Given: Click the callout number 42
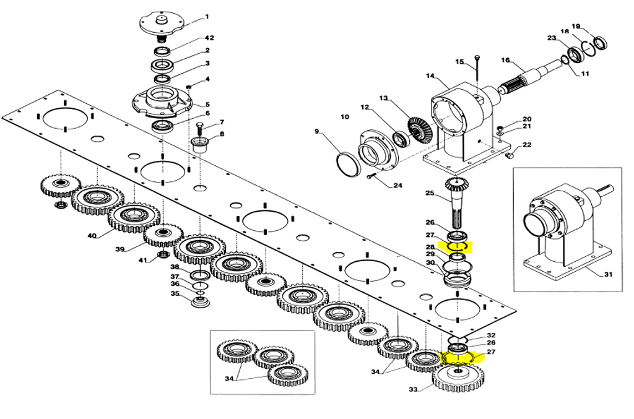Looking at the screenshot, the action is (x=209, y=38).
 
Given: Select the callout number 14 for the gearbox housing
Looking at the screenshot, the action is (x=430, y=76).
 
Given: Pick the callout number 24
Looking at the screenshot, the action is (x=398, y=186).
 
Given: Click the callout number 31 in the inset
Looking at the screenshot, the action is (x=608, y=274).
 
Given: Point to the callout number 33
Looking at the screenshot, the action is (x=413, y=389).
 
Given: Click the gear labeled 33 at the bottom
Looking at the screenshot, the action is (x=458, y=378).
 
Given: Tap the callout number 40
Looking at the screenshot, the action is (x=92, y=236).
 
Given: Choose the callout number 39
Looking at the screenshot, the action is (x=120, y=249).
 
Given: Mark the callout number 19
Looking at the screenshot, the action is (x=576, y=27).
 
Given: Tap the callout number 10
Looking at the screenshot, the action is (x=344, y=117).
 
